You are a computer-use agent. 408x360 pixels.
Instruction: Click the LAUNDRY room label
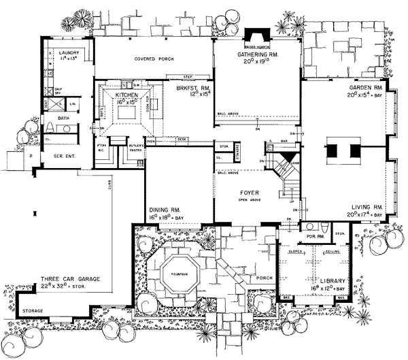68,52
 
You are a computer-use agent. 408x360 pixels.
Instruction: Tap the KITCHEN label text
127,95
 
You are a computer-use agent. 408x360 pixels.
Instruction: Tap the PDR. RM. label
313,238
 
